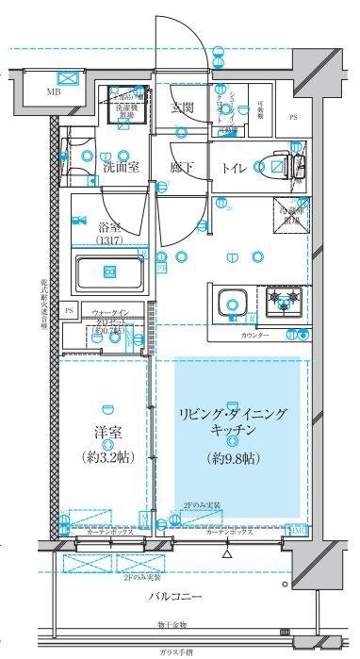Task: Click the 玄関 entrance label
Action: (x=182, y=107)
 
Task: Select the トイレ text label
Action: (x=235, y=168)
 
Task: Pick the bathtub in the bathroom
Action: (x=108, y=273)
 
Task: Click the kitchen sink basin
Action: (x=232, y=305)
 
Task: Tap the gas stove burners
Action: (x=283, y=303)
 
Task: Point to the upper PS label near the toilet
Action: (x=292, y=118)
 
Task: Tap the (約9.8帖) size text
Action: (x=235, y=459)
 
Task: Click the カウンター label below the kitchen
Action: (x=254, y=336)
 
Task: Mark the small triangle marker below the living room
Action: (x=226, y=554)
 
